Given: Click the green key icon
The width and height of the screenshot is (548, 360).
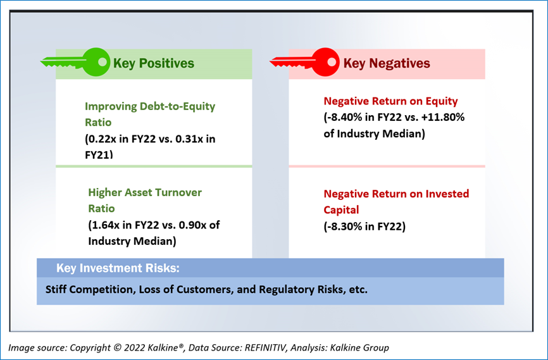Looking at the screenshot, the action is pos(75,62).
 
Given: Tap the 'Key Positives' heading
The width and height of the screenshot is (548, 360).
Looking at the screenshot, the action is pos(154,63).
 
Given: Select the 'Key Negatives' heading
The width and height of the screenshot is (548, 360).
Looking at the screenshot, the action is pos(387,63).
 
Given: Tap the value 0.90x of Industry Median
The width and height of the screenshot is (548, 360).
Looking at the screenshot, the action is pos(194,225).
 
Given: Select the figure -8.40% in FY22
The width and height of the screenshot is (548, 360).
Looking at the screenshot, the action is pos(343,117).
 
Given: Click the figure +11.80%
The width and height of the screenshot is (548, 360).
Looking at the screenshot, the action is pos(443,117).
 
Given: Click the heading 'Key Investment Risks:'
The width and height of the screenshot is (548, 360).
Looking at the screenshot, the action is pos(118,268).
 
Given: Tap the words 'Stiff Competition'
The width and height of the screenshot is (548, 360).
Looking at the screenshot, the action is pos(89,289).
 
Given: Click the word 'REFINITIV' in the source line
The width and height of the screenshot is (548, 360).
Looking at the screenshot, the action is pos(266,348).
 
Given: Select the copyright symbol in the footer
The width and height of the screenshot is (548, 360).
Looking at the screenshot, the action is pos(118,348).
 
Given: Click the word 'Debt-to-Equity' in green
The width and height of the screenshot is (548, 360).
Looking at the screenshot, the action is pos(177,106).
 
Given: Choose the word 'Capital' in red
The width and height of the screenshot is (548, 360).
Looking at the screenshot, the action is pos(341,209).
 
